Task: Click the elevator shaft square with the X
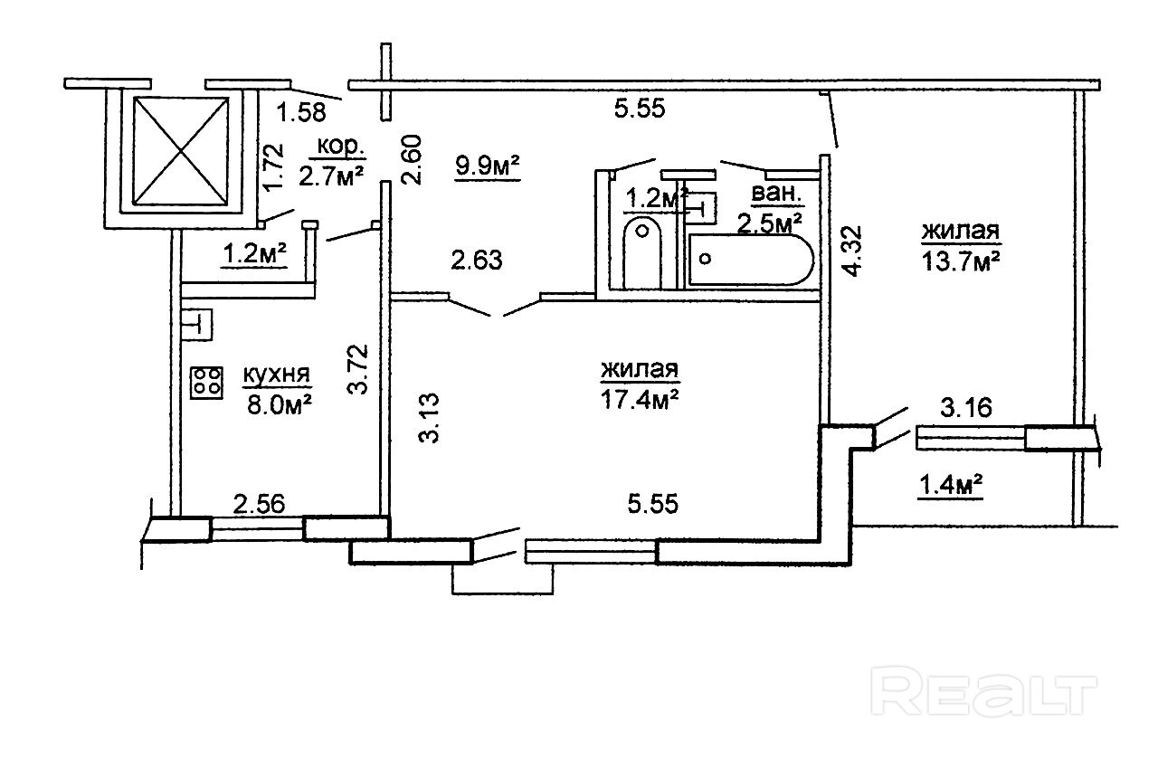pyautogui.click(x=178, y=149)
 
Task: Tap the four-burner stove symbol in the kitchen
pyautogui.click(x=207, y=382)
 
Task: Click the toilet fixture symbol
pyautogui.click(x=642, y=242)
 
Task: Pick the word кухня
pyautogui.click(x=277, y=375)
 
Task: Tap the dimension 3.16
pyautogui.click(x=965, y=408)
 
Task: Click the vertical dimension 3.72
pyautogui.click(x=359, y=367)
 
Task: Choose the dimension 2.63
pyautogui.click(x=477, y=261)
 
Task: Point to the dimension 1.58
pyautogui.click(x=301, y=113)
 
